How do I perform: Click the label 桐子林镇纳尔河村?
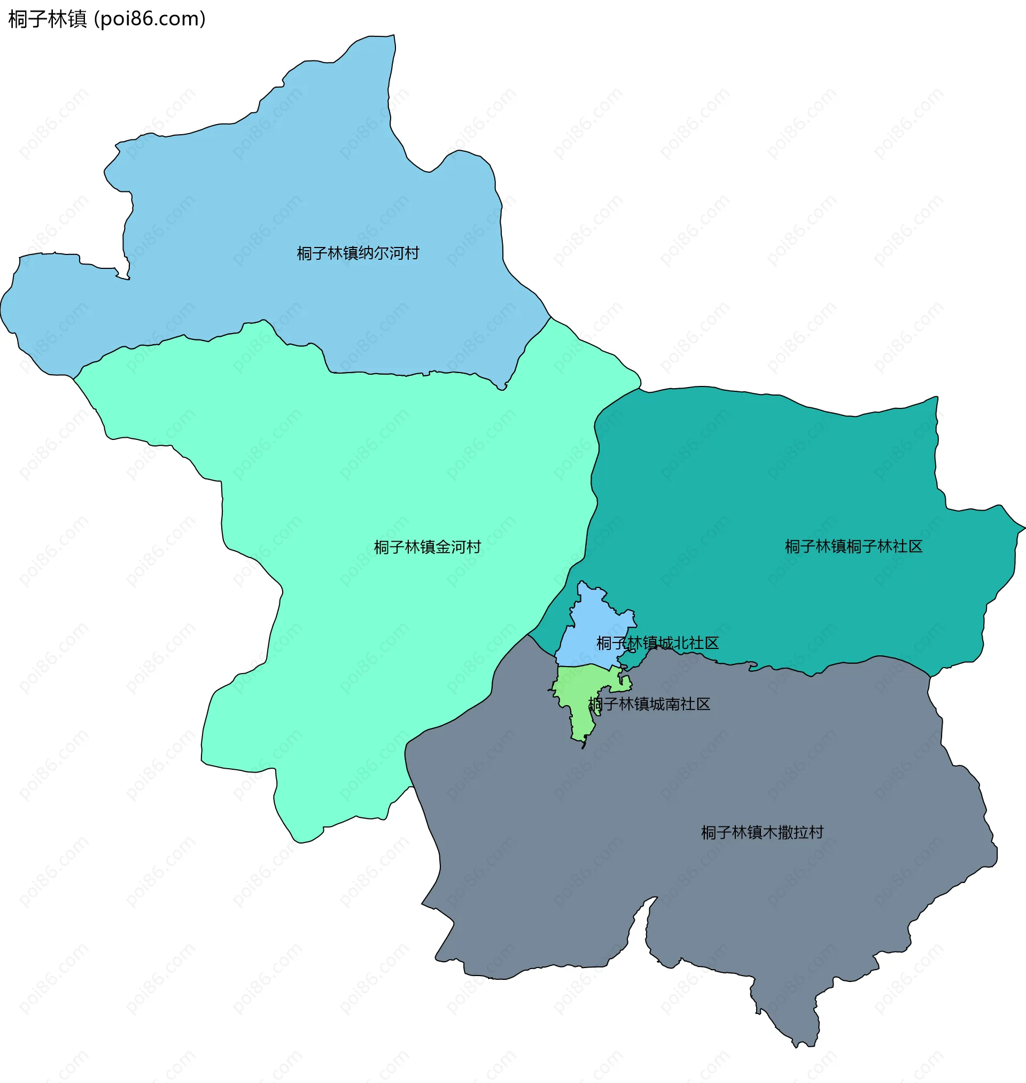[357, 253]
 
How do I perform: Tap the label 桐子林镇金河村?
[427, 547]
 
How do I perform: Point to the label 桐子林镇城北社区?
[657, 643]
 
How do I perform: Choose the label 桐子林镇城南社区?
[649, 704]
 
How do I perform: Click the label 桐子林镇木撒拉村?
[762, 832]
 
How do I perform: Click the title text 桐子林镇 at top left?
[48, 19]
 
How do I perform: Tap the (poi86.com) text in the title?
[150, 19]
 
